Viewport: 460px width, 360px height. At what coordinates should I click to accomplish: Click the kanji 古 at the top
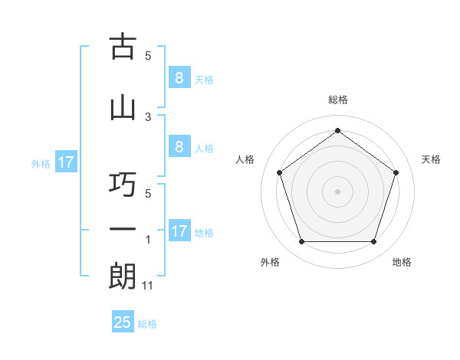123,47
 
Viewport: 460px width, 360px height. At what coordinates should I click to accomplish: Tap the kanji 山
123,107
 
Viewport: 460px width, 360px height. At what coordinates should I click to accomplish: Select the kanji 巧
123,185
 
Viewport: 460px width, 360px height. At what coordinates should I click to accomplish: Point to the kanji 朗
123,276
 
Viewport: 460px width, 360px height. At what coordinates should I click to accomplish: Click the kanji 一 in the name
123,231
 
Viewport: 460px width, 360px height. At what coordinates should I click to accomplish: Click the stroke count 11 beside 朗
149,285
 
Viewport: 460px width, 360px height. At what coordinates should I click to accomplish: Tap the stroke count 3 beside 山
149,116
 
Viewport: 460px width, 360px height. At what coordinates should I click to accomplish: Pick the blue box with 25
123,322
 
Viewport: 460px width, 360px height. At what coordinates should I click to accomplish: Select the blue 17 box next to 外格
65,162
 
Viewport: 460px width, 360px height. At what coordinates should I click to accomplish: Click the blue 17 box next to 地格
179,231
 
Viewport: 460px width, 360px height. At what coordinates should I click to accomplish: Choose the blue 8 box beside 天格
179,78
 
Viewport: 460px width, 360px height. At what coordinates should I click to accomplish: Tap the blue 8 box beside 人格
179,147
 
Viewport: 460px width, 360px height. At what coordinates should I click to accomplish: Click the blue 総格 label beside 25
148,323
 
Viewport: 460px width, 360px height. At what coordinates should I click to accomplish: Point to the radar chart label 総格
338,100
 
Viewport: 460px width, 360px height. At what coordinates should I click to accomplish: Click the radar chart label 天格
432,159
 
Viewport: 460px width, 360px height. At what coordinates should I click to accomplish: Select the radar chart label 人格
245,159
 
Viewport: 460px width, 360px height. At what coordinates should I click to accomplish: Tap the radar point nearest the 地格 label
373,242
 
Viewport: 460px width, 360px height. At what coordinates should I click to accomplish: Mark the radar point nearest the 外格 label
301,242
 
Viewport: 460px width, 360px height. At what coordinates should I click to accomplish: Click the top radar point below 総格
337,130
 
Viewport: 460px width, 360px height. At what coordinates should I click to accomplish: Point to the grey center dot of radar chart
337,191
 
